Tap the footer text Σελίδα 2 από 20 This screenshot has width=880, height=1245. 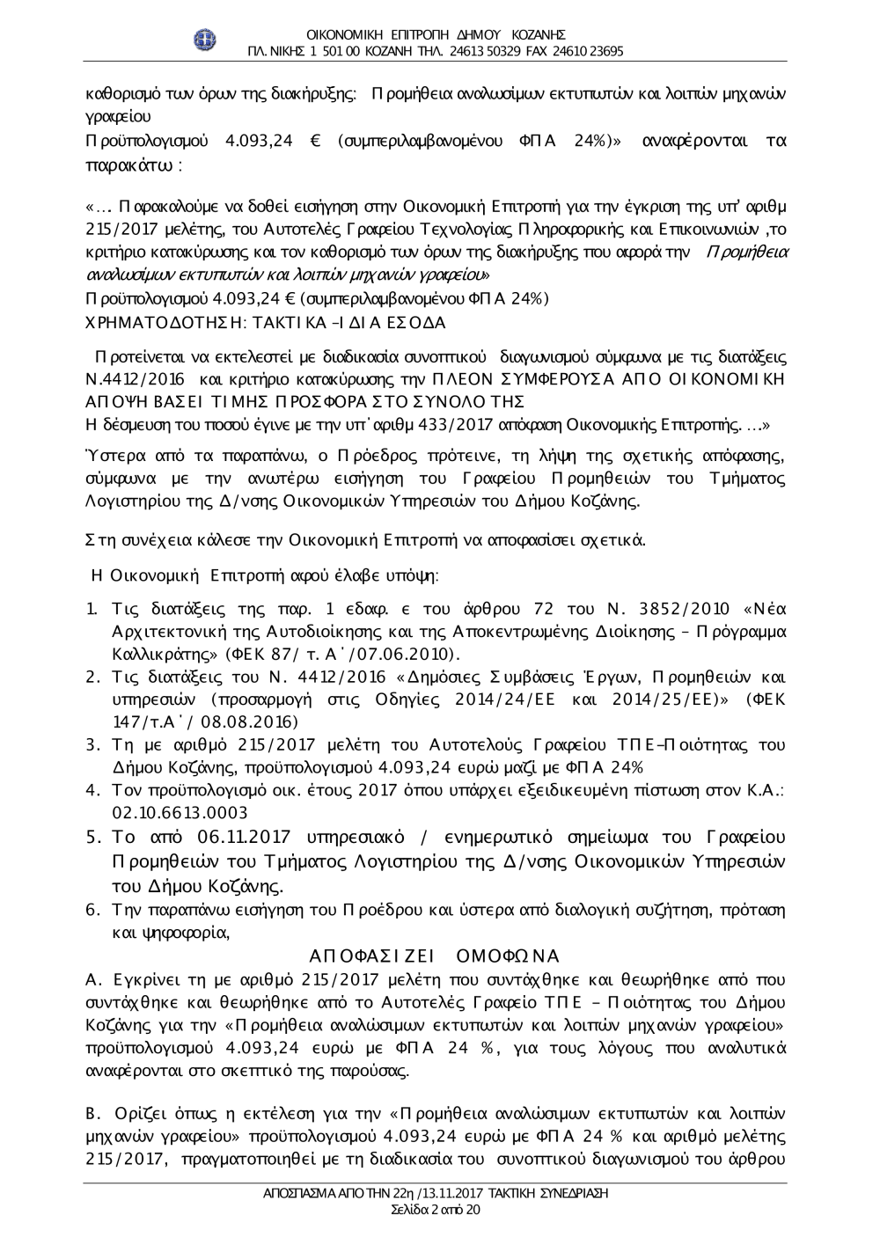(435, 1211)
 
